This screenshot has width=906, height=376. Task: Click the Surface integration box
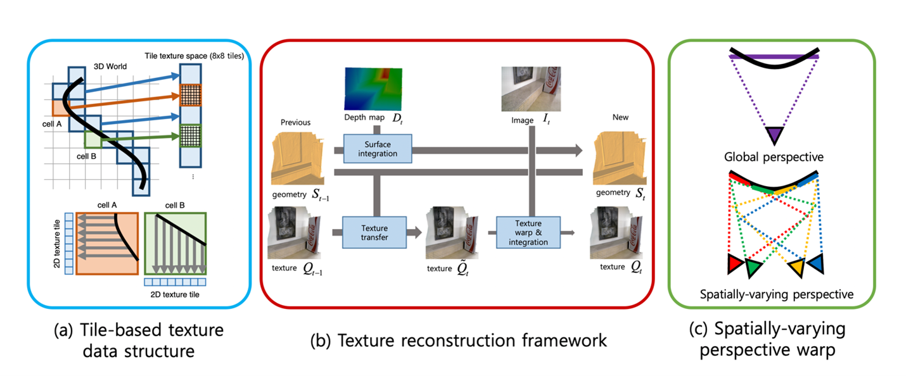[x=378, y=149]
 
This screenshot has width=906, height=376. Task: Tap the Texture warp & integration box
[x=528, y=233]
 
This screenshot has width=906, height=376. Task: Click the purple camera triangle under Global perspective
[x=774, y=135]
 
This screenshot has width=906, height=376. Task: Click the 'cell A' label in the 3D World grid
[x=56, y=125]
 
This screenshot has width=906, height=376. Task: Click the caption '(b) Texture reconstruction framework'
[x=458, y=341]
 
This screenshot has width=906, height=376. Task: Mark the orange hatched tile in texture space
[x=190, y=95]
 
